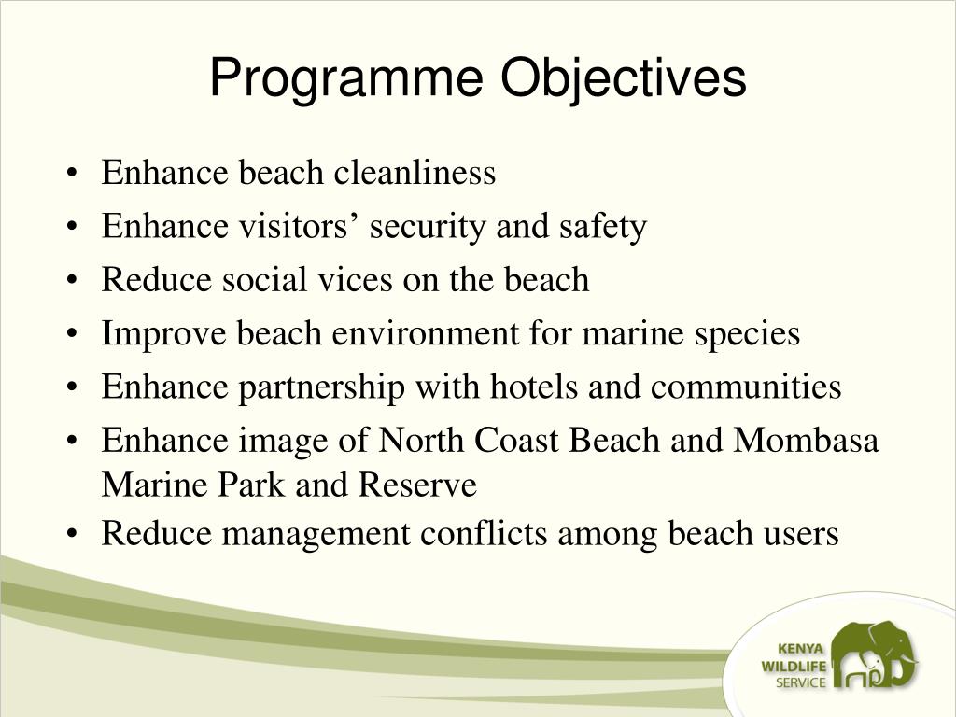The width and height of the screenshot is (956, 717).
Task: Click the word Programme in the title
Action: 347,78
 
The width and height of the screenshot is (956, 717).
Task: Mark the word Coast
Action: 516,441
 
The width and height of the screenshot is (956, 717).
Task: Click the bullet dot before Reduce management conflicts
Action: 73,535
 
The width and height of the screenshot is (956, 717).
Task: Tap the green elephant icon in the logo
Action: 874,657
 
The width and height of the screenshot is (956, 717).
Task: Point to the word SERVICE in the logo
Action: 801,682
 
